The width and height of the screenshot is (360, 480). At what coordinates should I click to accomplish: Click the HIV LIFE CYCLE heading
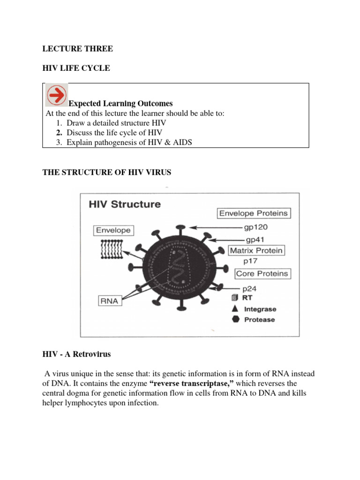point(76,68)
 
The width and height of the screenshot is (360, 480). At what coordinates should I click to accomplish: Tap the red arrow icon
point(56,95)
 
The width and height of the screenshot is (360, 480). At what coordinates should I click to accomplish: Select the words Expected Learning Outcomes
point(120,104)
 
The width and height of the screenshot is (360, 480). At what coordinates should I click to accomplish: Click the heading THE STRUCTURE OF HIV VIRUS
point(107,172)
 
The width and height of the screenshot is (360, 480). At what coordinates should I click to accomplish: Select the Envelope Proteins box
point(254,213)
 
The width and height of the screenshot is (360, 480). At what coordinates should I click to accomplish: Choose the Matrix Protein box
point(256,250)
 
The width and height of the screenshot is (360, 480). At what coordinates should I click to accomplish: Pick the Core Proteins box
point(255,273)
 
